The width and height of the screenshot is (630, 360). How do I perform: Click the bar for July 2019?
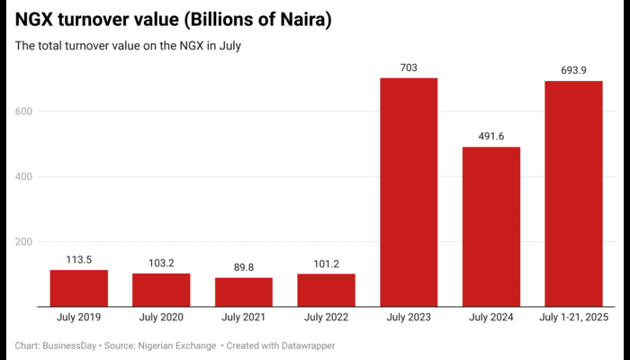78,288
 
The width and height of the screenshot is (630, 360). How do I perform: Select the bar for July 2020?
161,290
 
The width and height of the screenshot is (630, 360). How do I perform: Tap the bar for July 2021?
243,292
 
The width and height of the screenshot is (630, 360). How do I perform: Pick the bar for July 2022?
326,290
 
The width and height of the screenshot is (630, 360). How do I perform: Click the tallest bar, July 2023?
409,193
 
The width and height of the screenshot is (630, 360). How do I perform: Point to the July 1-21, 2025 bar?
573,194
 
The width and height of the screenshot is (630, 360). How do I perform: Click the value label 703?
409,67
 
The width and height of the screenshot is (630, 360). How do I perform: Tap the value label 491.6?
491,136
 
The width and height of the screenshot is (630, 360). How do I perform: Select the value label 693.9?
573,70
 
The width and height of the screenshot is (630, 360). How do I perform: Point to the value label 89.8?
243,266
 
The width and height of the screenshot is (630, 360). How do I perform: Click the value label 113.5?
78,259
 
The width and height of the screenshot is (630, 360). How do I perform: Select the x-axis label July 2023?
409,318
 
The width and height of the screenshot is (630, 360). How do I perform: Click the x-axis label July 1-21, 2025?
573,318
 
